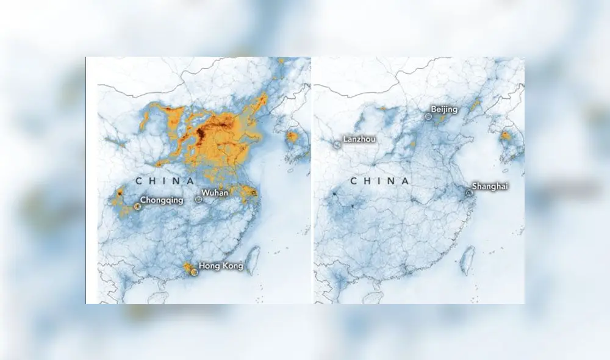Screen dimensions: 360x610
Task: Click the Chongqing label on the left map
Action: [x=162, y=200]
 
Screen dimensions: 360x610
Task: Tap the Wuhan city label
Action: [x=216, y=193]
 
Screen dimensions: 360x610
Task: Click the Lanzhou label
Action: [x=359, y=139]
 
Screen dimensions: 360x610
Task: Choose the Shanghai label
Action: [x=490, y=186]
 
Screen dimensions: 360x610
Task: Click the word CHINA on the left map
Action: [x=165, y=181]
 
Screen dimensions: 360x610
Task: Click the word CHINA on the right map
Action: [x=379, y=181]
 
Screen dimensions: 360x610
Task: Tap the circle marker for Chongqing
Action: [x=137, y=206]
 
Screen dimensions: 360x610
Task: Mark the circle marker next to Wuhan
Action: [x=198, y=198]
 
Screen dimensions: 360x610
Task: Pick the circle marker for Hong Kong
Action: [x=195, y=272]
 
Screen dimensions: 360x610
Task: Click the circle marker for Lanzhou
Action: [x=337, y=145]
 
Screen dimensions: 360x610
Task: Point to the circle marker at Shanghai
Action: [x=468, y=193]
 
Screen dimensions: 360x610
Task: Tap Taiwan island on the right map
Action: [x=467, y=259]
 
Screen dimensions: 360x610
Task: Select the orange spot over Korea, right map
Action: [x=506, y=136]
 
